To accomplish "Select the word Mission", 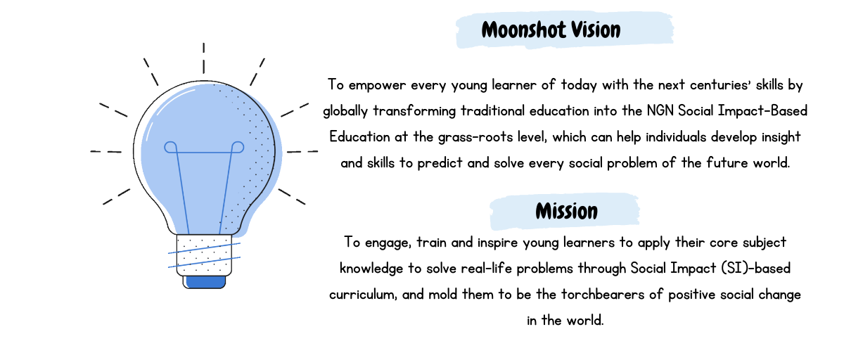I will pos(566,211).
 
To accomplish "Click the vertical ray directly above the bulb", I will pos(204,58).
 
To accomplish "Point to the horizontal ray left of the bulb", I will pos(105,151).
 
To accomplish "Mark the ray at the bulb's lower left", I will pos(117,197).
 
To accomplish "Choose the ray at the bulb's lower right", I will pos(292,197).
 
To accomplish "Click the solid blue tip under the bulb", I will pos(204,281).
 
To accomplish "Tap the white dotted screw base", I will pos(204,255).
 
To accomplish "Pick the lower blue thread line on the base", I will pos(204,262).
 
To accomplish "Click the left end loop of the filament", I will pos(170,147).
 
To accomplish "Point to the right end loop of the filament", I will pos(238,147).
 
